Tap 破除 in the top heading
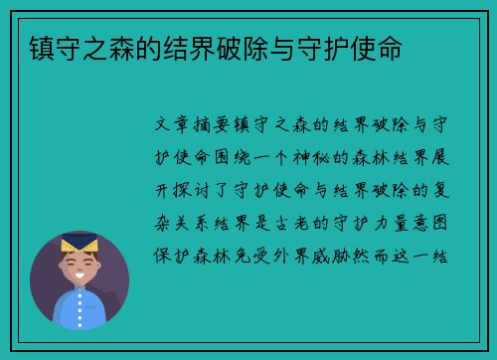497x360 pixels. click(269, 46)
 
